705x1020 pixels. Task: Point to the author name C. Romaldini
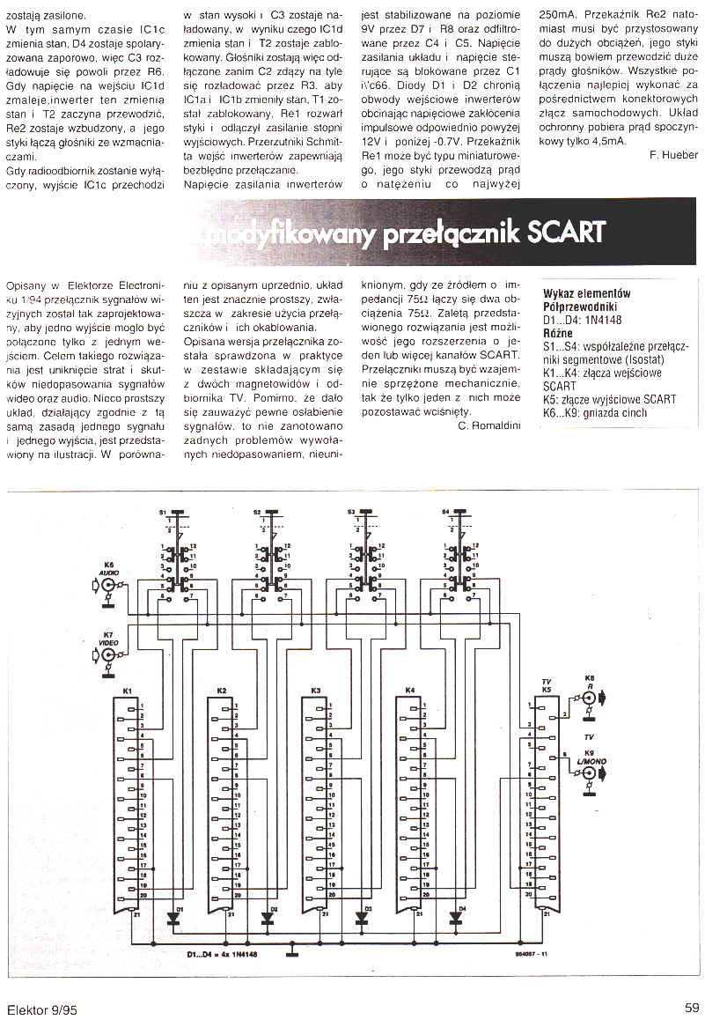click(x=488, y=425)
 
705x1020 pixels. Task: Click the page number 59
click(x=691, y=1009)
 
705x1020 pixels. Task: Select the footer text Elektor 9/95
click(x=41, y=1009)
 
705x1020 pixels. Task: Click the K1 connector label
click(x=127, y=690)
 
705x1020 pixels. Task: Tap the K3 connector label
click(x=315, y=690)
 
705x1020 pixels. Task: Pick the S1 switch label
click(x=162, y=512)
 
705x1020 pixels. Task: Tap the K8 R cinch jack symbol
click(x=589, y=695)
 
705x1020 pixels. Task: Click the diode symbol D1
click(x=173, y=917)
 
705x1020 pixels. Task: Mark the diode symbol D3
click(x=361, y=917)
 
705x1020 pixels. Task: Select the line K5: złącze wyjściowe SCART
click(x=610, y=399)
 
